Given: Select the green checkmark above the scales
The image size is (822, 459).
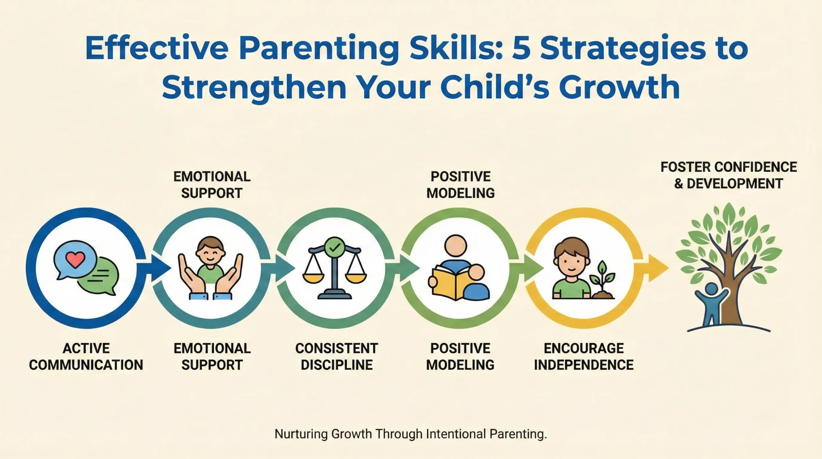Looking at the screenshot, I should (334, 247).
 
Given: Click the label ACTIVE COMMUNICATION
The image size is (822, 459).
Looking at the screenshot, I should (86, 357).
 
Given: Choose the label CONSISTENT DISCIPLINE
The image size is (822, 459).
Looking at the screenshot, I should (337, 357).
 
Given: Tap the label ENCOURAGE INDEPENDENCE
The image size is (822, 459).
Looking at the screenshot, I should (584, 357).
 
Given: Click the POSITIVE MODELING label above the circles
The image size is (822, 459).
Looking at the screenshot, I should (460, 185).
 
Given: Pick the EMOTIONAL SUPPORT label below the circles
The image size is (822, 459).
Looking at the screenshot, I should (212, 357).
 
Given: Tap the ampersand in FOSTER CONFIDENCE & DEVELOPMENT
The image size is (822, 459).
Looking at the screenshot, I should (679, 184).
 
